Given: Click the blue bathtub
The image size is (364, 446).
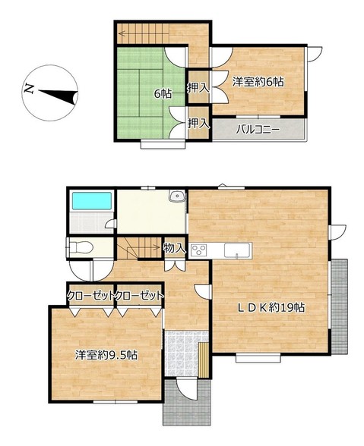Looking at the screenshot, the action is click(91, 201).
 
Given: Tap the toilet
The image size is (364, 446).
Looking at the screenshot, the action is click(81, 247).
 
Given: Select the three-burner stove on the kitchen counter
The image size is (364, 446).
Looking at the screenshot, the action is click(199, 250).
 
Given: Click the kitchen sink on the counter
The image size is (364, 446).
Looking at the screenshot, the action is click(237, 250).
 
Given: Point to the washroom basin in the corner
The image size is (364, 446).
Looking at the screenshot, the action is click(177, 196).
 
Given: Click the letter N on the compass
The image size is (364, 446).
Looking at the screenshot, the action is click(29, 89).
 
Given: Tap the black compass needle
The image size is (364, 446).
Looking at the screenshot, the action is click(59, 96).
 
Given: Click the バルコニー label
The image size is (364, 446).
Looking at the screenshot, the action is click(258, 130).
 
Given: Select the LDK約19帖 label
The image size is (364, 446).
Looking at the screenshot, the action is click(271, 307).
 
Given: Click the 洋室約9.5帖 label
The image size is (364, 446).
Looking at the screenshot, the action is click(106, 355).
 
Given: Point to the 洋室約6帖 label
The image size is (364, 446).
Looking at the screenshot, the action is click(258, 82).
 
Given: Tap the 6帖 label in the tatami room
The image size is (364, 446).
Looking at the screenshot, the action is click(163, 93).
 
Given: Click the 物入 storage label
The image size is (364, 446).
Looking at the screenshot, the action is click(175, 249).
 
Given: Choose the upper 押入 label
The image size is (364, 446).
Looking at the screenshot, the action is click(198, 88).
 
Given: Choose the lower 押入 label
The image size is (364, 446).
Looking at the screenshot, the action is click(199, 124).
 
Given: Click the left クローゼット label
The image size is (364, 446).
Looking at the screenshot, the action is click(90, 296).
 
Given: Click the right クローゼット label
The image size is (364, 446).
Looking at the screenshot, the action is click(140, 296).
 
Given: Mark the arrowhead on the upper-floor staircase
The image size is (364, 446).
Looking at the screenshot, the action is click(122, 34).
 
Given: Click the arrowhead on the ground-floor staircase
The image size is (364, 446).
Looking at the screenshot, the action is click(157, 247).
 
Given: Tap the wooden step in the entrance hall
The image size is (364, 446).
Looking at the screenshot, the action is click(204, 360).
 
